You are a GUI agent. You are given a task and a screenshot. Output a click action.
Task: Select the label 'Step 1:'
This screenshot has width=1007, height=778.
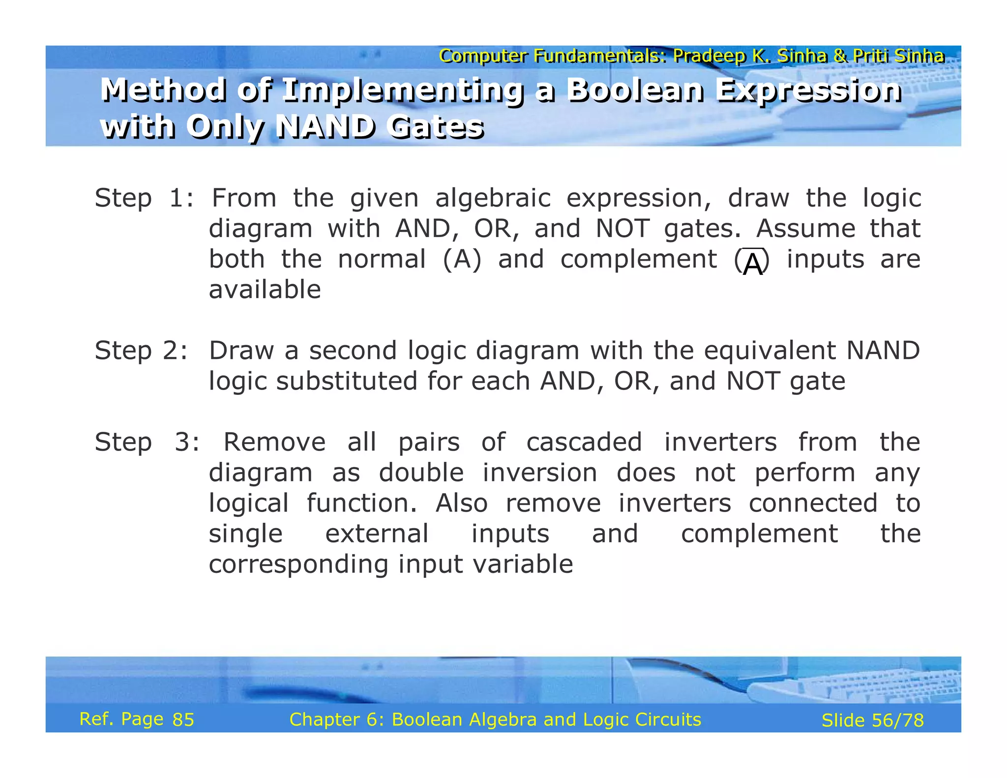pyautogui.click(x=144, y=199)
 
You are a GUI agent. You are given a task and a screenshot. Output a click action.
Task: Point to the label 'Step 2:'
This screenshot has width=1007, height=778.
pyautogui.click(x=141, y=351)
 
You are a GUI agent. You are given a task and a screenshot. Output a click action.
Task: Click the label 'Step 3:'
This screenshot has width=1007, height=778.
pyautogui.click(x=147, y=443)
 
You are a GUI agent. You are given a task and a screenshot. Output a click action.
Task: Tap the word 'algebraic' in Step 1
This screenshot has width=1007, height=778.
pyautogui.click(x=493, y=199)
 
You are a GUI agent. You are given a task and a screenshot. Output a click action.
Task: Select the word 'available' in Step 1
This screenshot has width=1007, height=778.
pyautogui.click(x=265, y=290)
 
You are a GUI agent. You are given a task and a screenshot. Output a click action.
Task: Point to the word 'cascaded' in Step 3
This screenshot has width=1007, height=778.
pyautogui.click(x=584, y=443)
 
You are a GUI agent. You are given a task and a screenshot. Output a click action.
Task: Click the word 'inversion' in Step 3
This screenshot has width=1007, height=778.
pyautogui.click(x=539, y=473)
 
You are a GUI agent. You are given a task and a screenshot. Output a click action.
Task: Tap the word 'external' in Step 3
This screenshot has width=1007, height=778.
pyautogui.click(x=377, y=534)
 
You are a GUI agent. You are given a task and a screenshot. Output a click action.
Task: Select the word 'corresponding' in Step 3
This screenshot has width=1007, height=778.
pyautogui.click(x=298, y=565)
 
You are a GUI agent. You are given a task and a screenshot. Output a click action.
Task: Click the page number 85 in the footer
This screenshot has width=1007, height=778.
pyautogui.click(x=183, y=720)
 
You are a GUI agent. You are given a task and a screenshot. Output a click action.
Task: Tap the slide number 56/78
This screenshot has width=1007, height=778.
pyautogui.click(x=897, y=721)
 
